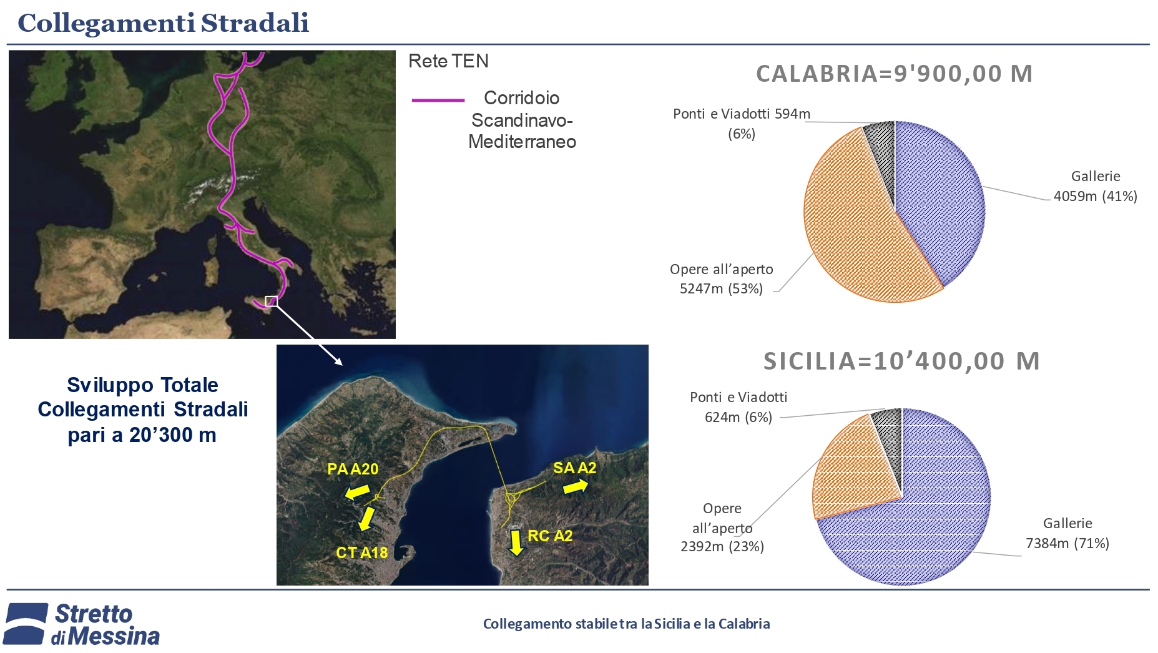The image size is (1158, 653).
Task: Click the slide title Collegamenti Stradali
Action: click(163, 23)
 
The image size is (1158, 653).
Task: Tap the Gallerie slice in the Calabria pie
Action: click(936, 200)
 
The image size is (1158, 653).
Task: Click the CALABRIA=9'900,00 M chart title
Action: click(895, 74)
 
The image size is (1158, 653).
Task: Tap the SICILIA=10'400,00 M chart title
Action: click(901, 361)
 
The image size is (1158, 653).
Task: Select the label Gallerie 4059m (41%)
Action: click(1096, 186)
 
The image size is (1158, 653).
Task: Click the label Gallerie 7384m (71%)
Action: click(1067, 533)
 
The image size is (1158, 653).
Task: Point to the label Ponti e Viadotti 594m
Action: click(742, 114)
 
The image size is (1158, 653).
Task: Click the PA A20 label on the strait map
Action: click(353, 469)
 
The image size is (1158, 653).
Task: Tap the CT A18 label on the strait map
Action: click(362, 552)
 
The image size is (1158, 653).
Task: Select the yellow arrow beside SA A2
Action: click(576, 487)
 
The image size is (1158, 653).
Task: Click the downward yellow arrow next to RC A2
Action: click(516, 543)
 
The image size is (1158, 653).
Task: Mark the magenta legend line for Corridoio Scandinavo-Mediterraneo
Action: click(438, 100)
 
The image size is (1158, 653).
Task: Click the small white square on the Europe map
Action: click(271, 302)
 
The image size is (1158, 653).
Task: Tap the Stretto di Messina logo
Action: click(82, 624)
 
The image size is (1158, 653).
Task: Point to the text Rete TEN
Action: click(448, 61)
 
